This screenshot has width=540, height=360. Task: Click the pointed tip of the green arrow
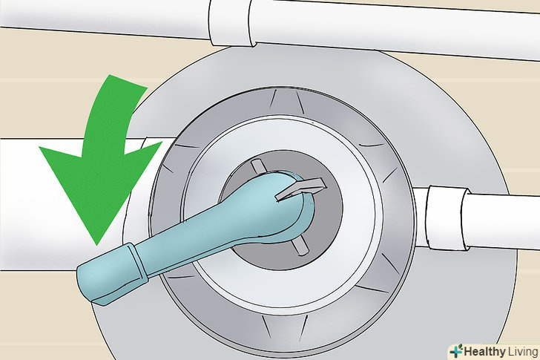click(97, 244)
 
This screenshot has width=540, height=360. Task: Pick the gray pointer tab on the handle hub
click(300, 189)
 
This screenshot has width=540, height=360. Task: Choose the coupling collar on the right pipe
click(448, 217)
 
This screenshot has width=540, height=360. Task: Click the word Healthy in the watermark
click(484, 352)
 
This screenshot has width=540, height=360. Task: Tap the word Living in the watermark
click(522, 352)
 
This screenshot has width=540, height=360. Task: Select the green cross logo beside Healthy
click(456, 352)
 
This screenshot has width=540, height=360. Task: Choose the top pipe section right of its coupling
click(396, 27)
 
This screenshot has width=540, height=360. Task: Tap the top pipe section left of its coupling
click(103, 17)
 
